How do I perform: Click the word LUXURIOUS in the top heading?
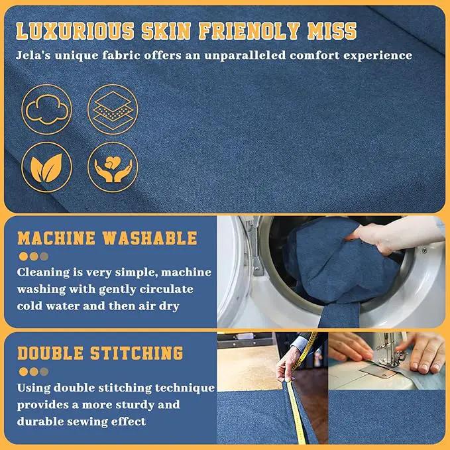tap(75, 31)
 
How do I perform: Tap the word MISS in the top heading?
tap(332, 31)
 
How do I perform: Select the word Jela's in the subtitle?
tap(33, 55)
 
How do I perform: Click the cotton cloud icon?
tap(47, 109)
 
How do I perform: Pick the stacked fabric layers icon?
tap(113, 109)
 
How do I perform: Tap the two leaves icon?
tap(47, 167)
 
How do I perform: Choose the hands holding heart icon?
tap(113, 167)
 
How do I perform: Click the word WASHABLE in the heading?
tap(150, 238)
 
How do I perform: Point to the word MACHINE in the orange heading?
tap(56, 238)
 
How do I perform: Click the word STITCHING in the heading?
tap(137, 353)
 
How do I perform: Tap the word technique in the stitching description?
tap(185, 388)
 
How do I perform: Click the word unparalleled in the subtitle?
tap(245, 55)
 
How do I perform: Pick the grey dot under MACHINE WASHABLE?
tap(44, 256)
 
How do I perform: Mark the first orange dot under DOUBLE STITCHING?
tap(24, 372)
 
